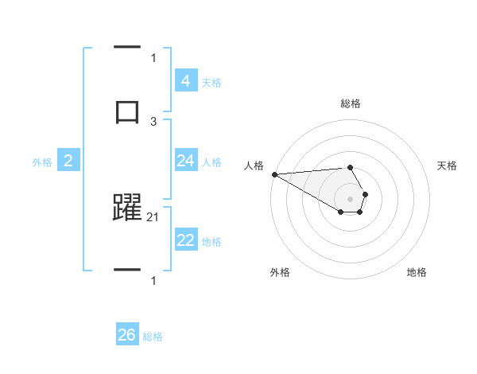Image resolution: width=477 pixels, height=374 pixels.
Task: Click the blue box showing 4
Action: (x=185, y=81)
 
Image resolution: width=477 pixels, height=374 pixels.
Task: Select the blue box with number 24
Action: (x=185, y=161)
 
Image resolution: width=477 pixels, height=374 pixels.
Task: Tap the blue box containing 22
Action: (x=185, y=240)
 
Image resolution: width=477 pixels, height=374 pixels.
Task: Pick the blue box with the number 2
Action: (x=68, y=161)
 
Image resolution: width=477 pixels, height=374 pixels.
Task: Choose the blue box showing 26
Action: (x=126, y=335)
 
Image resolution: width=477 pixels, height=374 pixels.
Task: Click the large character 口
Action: (x=126, y=111)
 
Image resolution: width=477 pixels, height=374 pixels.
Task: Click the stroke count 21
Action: (x=153, y=216)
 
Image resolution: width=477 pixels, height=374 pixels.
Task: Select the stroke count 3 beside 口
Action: (x=153, y=121)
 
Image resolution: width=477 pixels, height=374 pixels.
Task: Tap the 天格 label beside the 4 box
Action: (x=211, y=82)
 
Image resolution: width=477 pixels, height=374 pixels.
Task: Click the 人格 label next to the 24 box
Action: (x=211, y=162)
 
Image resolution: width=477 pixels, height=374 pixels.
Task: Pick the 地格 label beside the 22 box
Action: (x=211, y=241)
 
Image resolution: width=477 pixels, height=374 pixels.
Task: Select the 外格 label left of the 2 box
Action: (x=42, y=162)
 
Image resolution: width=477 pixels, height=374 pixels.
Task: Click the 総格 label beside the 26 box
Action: (x=153, y=337)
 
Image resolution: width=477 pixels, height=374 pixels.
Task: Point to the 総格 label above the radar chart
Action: (x=351, y=103)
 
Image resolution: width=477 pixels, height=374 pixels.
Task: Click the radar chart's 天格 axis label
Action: (x=447, y=166)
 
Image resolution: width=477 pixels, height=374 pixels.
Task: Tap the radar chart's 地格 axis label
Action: (x=417, y=272)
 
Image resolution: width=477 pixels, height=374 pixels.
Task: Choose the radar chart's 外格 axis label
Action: (x=280, y=272)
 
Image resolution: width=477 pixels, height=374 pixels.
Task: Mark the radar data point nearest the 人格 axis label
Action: (x=274, y=174)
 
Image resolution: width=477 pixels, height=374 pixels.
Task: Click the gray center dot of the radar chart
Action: (x=351, y=198)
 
